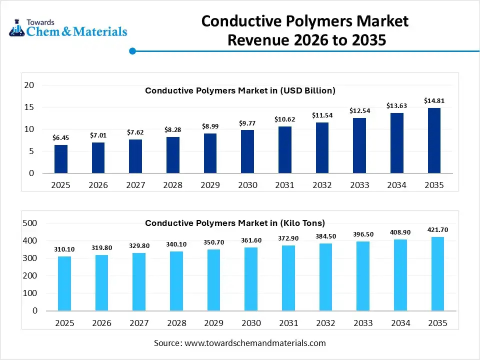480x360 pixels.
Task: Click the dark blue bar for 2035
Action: [x=433, y=140]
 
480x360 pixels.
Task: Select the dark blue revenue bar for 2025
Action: [x=61, y=159]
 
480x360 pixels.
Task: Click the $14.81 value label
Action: [x=434, y=101]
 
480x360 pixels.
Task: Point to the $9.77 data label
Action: [x=247, y=123]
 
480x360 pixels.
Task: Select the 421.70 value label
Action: [x=437, y=230]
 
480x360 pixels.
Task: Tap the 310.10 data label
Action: [x=64, y=249]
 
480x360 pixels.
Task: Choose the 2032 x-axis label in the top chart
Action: [x=322, y=185]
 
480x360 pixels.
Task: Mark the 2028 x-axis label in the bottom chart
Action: [x=176, y=323]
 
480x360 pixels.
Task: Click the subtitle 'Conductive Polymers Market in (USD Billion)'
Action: [x=240, y=90]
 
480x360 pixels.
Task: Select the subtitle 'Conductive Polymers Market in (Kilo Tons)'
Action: [x=235, y=223]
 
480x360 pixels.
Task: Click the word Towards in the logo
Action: [x=40, y=22]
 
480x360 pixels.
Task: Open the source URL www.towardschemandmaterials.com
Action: [x=255, y=343]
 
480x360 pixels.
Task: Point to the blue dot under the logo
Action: [x=132, y=51]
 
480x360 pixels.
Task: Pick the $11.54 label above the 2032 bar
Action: [x=322, y=115]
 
